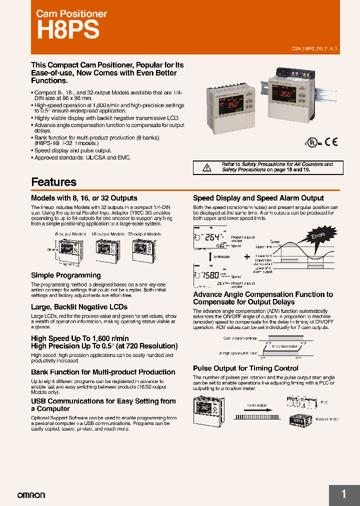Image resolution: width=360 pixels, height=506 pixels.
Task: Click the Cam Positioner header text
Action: [71, 14]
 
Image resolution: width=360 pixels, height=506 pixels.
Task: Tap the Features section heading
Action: [53, 182]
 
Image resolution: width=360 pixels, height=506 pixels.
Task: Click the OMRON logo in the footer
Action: [31, 495]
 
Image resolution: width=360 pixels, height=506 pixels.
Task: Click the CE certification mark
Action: [331, 141]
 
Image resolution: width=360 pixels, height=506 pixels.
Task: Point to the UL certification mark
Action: [312, 142]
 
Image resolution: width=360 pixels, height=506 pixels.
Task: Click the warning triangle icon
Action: [206, 167]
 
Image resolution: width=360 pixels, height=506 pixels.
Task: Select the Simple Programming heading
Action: [65, 275]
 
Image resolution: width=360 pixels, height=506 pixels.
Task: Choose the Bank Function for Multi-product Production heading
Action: [103, 372]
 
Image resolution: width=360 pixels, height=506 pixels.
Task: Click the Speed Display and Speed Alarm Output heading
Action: [258, 198]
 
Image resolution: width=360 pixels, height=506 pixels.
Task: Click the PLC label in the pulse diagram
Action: [324, 401]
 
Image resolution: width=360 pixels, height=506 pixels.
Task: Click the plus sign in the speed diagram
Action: [247, 256]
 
